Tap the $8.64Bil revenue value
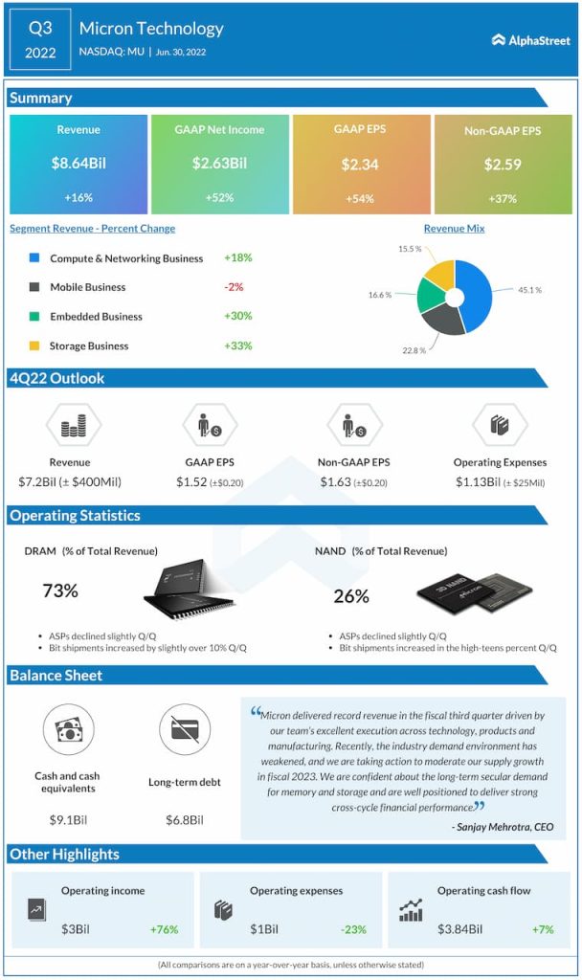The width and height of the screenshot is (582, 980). (x=78, y=164)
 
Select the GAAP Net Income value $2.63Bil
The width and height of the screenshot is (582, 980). (x=219, y=164)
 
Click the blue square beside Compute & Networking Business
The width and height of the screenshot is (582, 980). (x=34, y=258)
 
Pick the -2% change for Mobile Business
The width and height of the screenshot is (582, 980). (x=235, y=287)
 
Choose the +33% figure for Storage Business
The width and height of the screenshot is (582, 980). (x=237, y=345)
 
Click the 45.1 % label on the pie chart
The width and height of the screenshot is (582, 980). (x=531, y=291)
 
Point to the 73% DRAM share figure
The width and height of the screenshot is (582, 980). (x=59, y=591)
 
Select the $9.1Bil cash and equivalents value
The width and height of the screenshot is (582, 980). (x=69, y=820)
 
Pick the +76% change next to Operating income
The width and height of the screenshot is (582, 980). (x=164, y=929)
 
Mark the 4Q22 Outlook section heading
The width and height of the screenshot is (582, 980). (x=57, y=378)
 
